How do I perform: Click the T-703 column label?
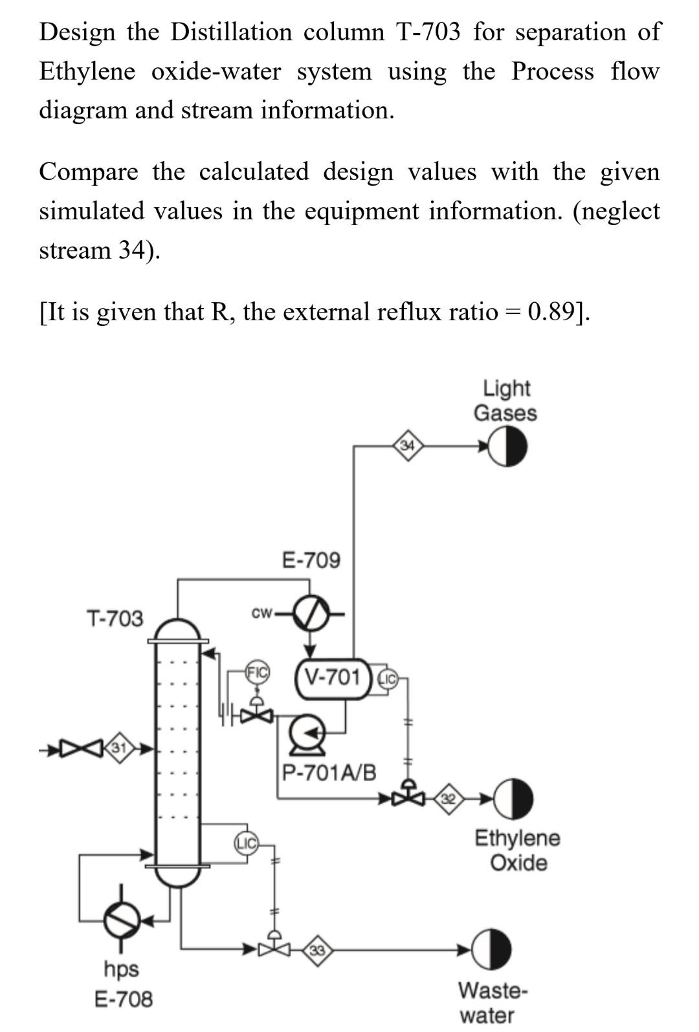pos(115,619)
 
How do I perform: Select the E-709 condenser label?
pos(311,560)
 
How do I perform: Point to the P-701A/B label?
pos(329,773)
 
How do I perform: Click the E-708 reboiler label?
pos(124,998)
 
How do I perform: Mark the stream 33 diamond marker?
pos(318,950)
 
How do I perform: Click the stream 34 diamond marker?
pos(407,445)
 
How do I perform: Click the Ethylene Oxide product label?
pos(517,850)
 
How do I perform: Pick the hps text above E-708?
pos(121,969)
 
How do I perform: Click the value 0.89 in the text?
pos(551,311)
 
